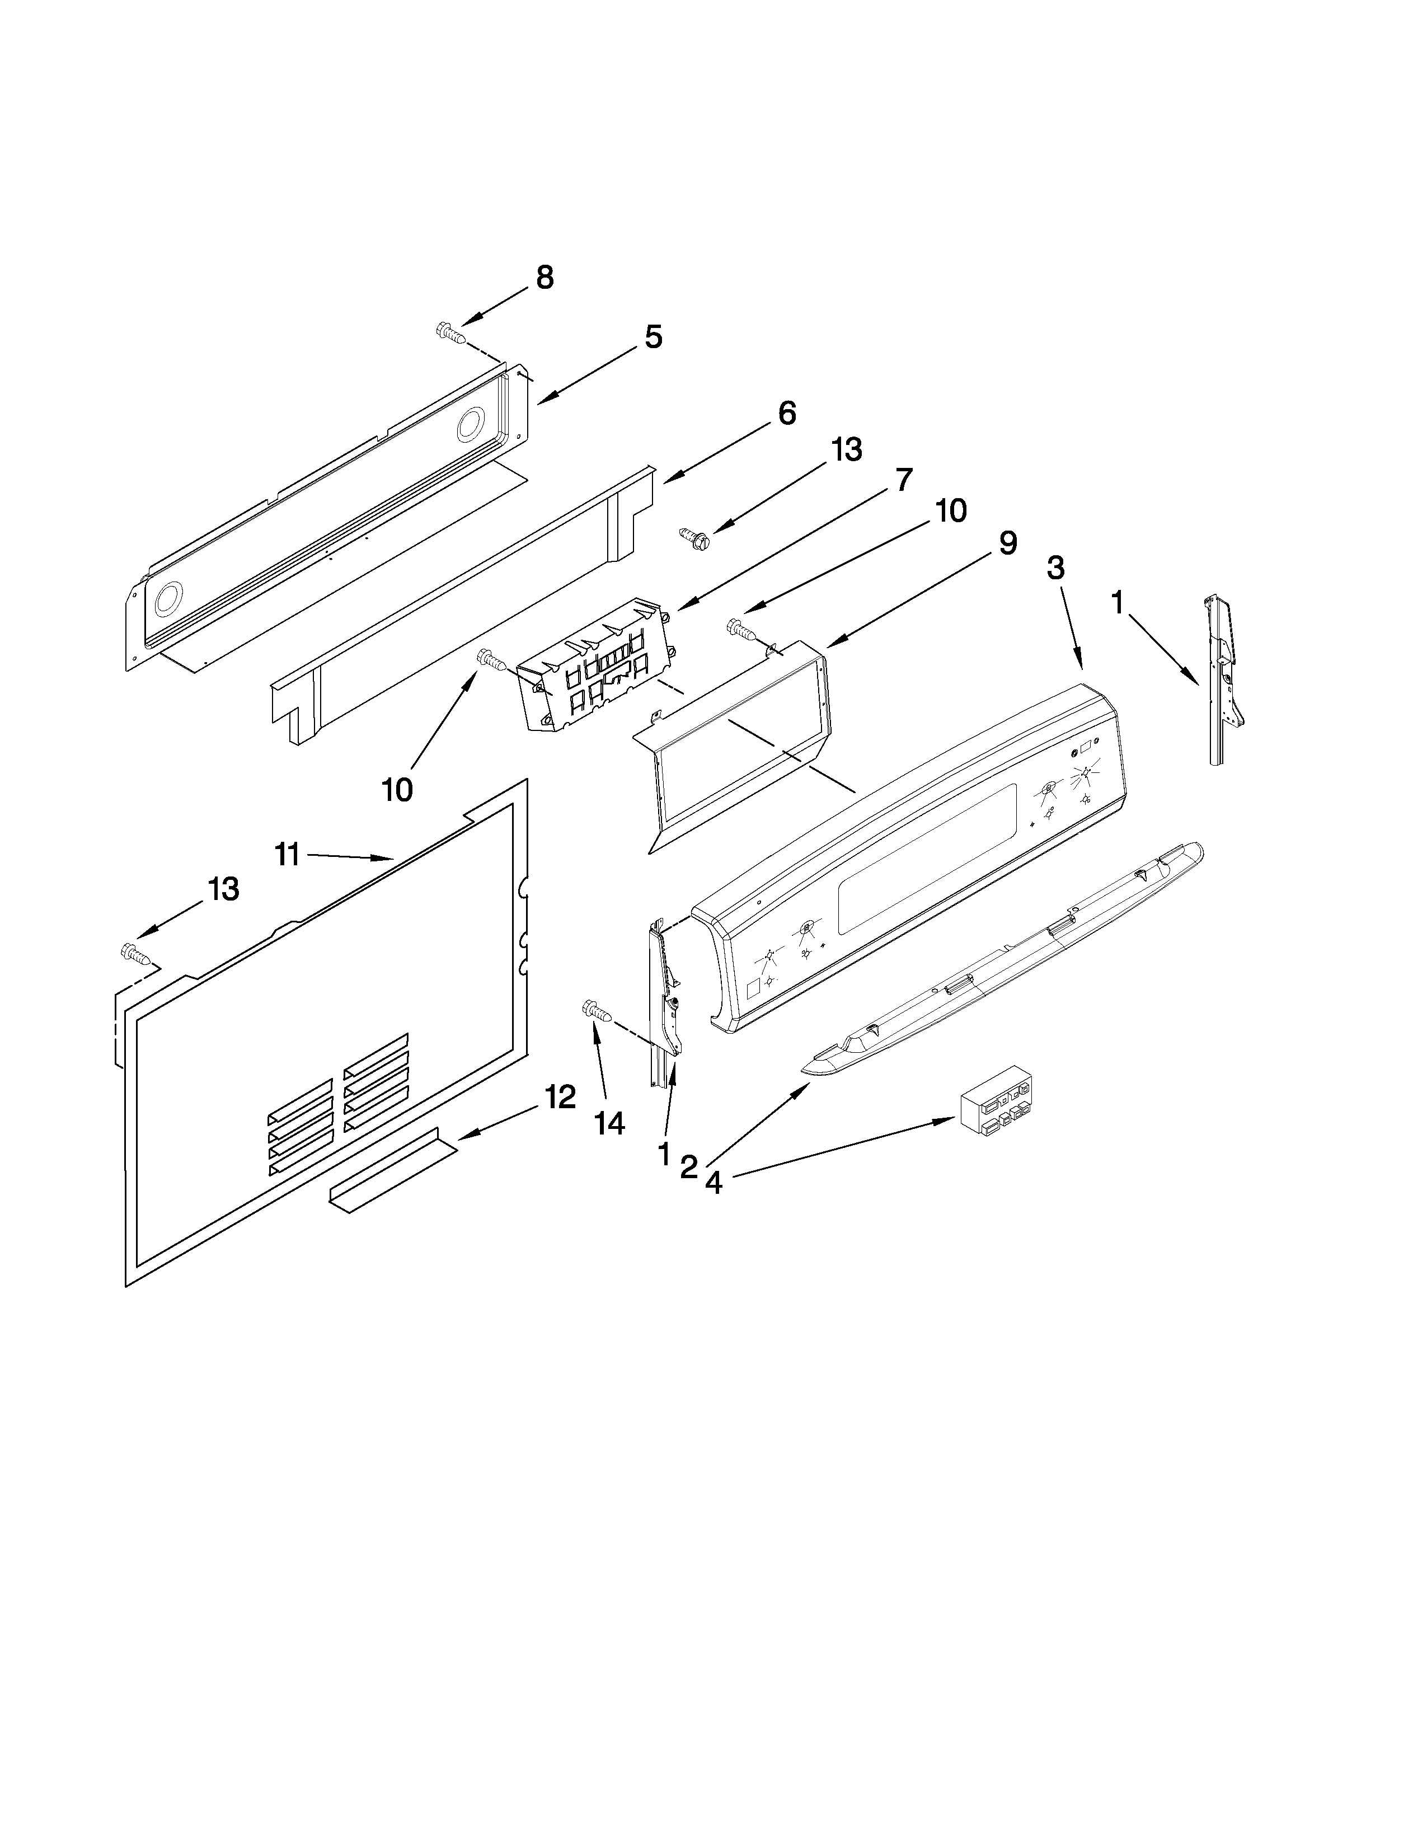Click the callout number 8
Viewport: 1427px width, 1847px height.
coord(544,278)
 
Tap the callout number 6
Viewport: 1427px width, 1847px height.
coord(786,414)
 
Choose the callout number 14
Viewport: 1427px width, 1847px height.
coord(609,1123)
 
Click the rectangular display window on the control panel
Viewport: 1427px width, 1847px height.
coord(926,859)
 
